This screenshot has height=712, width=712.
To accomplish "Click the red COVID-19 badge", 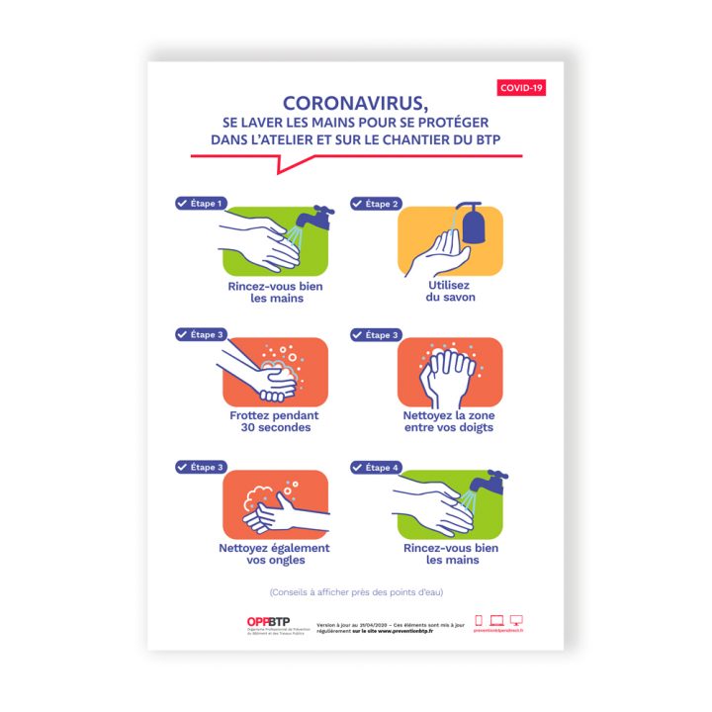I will click(x=522, y=88).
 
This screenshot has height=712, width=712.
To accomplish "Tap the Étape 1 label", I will click(x=201, y=203).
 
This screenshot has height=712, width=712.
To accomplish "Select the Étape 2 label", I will click(x=375, y=204).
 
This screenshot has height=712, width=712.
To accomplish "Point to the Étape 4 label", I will click(x=375, y=467).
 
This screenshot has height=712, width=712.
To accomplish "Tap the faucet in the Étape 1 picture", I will click(x=318, y=217).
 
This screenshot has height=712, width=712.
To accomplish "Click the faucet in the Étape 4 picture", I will click(x=491, y=483).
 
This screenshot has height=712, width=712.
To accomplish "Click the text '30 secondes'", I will click(x=275, y=427).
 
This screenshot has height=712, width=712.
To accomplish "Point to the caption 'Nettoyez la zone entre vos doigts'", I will click(x=448, y=421).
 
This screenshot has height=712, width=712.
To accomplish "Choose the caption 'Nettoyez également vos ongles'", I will click(x=274, y=554).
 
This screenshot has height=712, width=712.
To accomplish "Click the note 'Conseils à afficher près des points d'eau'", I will click(x=355, y=592).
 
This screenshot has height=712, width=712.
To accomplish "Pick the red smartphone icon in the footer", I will click(x=479, y=620).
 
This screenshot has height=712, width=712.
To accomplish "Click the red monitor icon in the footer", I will click(x=516, y=620).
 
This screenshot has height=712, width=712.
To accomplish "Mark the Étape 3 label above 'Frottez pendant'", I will click(x=201, y=334).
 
